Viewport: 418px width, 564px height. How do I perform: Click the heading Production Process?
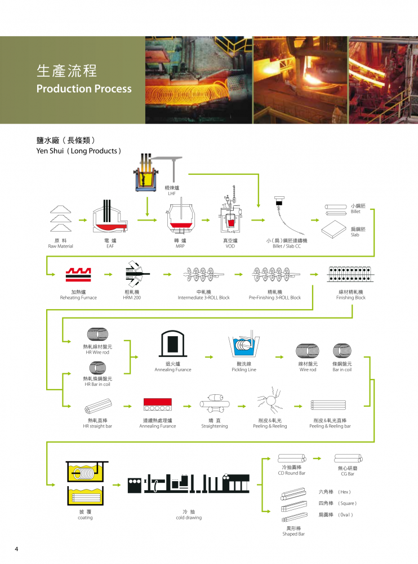(x=84, y=89)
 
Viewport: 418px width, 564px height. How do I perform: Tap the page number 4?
(x=16, y=549)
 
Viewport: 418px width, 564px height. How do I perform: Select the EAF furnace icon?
(x=110, y=217)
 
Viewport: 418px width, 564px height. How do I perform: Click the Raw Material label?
(x=60, y=246)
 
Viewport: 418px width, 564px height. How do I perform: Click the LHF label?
(x=172, y=193)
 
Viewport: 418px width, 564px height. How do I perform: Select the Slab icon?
(x=333, y=229)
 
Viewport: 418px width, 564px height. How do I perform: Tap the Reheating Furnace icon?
(x=78, y=275)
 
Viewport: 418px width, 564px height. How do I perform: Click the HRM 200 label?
(x=132, y=297)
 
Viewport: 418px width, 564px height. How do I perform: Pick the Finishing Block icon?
(x=350, y=274)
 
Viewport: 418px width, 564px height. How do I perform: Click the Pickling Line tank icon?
(x=244, y=346)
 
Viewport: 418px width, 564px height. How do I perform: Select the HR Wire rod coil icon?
(x=97, y=334)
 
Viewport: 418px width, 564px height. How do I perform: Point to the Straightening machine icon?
(x=215, y=403)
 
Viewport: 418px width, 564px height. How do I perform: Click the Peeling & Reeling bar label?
(x=330, y=426)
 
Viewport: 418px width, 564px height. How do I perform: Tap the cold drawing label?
(x=189, y=518)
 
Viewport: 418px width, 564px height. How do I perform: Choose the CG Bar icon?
(x=348, y=458)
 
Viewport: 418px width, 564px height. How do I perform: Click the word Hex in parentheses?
(x=344, y=492)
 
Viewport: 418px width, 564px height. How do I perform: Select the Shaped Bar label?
(x=294, y=534)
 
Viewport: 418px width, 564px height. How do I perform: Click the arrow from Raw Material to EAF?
(x=83, y=220)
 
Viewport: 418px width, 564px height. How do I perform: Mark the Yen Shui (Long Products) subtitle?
(x=79, y=151)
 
